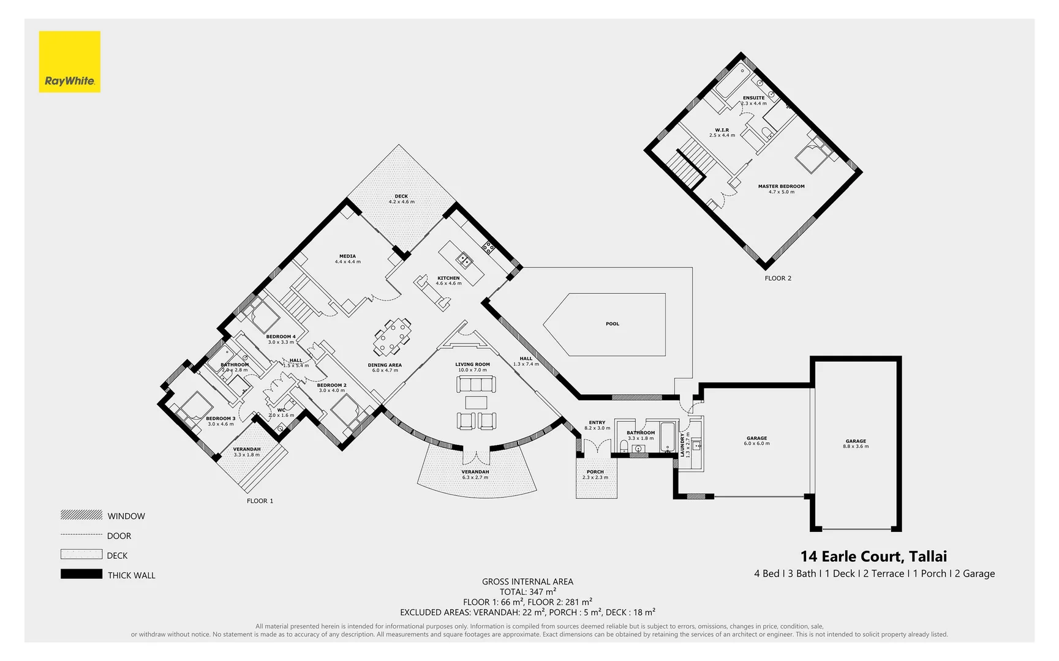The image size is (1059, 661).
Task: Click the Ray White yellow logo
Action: point(69,62)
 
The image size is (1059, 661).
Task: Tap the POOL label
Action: point(612,324)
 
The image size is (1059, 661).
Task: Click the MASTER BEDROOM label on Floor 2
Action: point(781,187)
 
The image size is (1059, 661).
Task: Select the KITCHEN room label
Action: point(448,278)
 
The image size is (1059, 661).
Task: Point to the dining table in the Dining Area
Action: point(392,337)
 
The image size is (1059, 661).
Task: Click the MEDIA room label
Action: point(347,257)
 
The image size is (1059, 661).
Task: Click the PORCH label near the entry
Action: point(595,472)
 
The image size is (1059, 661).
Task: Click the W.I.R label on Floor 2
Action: point(722,130)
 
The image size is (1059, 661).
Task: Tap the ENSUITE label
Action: point(753,98)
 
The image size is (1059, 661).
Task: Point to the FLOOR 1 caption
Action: point(260,501)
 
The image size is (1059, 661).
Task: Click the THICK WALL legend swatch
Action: point(81,574)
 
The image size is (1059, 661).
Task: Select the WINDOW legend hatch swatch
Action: point(81,515)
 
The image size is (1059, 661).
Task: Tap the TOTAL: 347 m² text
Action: point(527,592)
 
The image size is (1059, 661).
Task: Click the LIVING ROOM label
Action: point(472,365)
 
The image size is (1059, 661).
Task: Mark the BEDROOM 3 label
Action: point(220,419)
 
